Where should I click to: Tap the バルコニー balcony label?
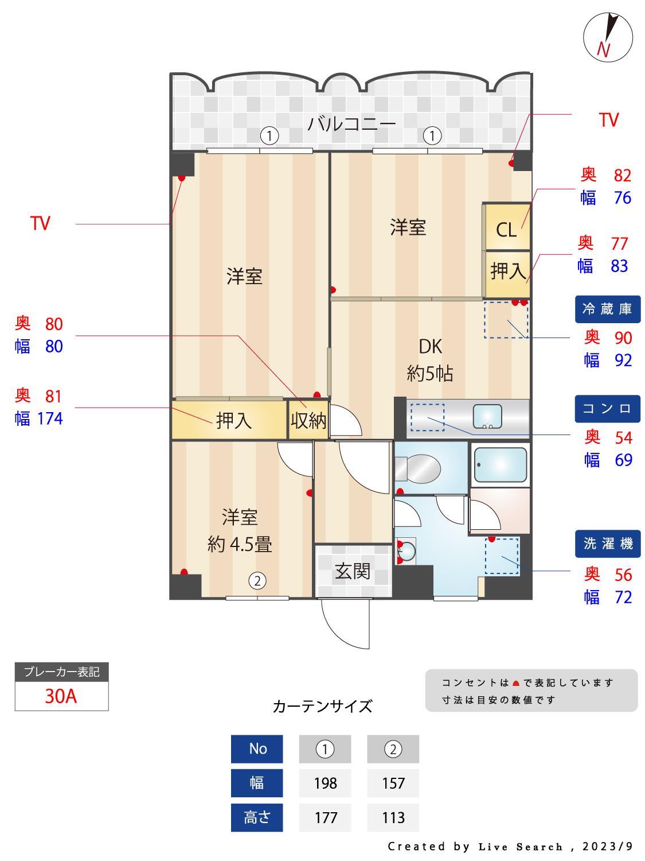coord(351,123)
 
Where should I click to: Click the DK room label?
coord(430,346)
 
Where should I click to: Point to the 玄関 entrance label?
coord(352,571)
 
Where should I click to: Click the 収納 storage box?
coord(308,420)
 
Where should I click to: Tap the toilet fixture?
coord(419,468)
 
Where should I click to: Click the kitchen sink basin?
coord(487,416)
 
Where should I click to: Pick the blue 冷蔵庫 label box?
coord(607,309)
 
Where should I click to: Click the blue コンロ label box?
coord(607,408)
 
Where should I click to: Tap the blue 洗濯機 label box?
coord(607,543)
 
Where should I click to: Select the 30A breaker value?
coord(61,696)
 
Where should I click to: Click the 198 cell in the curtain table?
coord(325,783)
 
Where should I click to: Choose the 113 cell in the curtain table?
coord(393,817)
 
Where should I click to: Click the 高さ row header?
coord(257,817)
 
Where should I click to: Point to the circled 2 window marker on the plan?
coord(257,581)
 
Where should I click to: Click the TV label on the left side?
coord(40,223)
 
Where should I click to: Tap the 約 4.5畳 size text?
coord(240,544)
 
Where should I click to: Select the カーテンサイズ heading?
coord(322,706)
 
